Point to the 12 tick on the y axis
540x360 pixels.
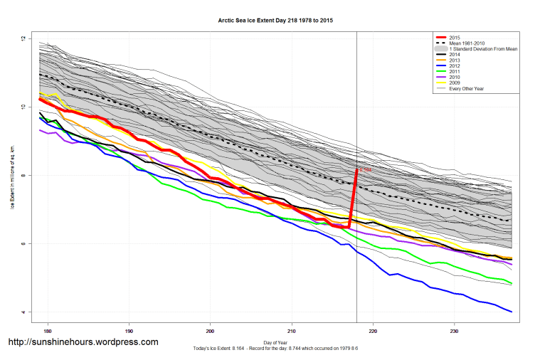pos(23,38)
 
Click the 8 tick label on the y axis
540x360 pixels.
pos(23,175)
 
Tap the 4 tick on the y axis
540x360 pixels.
pos(23,312)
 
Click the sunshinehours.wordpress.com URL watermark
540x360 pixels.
pos(83,342)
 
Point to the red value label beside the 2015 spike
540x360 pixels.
pos(365,170)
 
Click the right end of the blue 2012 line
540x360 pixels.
pos(511,312)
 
